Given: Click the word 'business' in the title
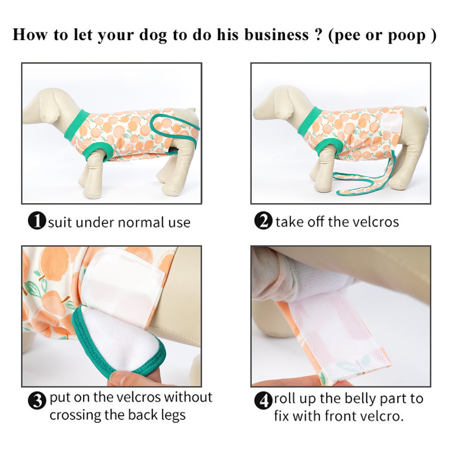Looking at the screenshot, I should tap(276, 35).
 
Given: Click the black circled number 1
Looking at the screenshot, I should tap(37, 221).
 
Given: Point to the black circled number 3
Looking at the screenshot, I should tap(37, 400).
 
